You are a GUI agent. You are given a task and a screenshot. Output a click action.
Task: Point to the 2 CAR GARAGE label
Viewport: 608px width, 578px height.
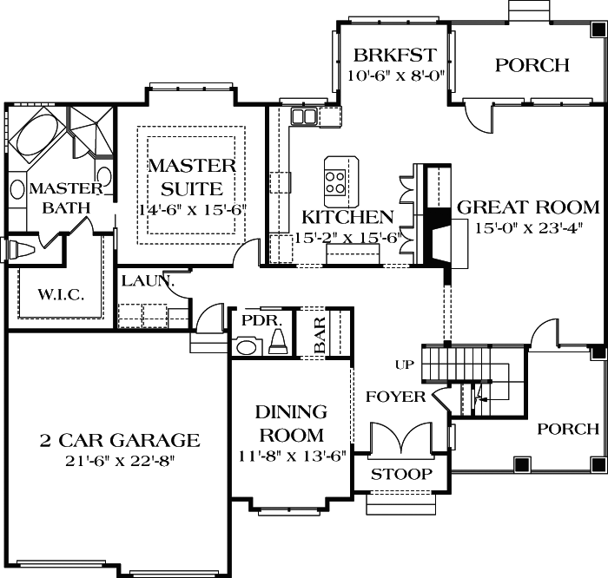[118, 441]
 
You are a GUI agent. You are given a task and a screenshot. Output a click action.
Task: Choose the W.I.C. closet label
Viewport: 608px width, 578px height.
[61, 295]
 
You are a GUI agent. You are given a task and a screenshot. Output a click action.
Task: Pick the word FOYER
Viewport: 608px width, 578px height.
[396, 397]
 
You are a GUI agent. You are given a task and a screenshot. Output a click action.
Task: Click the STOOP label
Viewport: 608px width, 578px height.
[401, 475]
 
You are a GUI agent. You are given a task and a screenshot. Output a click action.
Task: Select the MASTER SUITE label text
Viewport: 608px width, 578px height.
[191, 177]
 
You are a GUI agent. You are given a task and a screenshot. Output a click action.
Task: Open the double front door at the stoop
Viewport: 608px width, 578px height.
[400, 439]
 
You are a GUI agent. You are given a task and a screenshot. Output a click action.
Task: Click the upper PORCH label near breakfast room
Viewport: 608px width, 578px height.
[532, 65]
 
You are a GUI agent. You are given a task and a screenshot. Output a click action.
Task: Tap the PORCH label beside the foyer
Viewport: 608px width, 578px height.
[568, 429]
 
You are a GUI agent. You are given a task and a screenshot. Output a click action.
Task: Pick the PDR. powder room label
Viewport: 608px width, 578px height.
[263, 320]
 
